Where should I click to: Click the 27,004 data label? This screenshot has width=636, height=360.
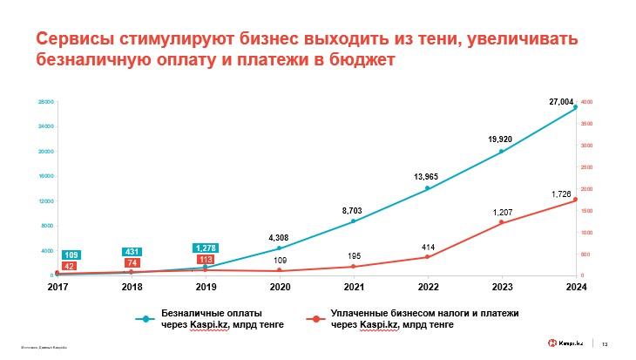pyautogui.click(x=560, y=103)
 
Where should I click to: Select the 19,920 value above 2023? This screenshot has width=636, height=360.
pyautogui.click(x=499, y=139)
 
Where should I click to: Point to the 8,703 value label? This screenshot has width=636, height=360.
pyautogui.click(x=352, y=210)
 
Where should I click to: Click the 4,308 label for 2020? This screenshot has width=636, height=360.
pyautogui.click(x=279, y=237)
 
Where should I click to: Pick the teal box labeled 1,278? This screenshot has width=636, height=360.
pyautogui.click(x=206, y=248)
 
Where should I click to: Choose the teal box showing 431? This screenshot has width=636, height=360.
pyautogui.click(x=132, y=252)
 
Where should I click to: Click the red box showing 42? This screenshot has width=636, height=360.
pyautogui.click(x=71, y=266)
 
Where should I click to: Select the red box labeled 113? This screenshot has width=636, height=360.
pyautogui.click(x=206, y=259)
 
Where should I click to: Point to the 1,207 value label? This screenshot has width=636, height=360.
pyautogui.click(x=502, y=213)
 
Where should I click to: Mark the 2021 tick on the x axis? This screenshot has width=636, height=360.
pyautogui.click(x=353, y=286)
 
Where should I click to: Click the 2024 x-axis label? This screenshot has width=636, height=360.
pyautogui.click(x=575, y=286)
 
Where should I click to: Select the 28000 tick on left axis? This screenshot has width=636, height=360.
pyautogui.click(x=46, y=103)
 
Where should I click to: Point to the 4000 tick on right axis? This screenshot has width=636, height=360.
pyautogui.click(x=587, y=103)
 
